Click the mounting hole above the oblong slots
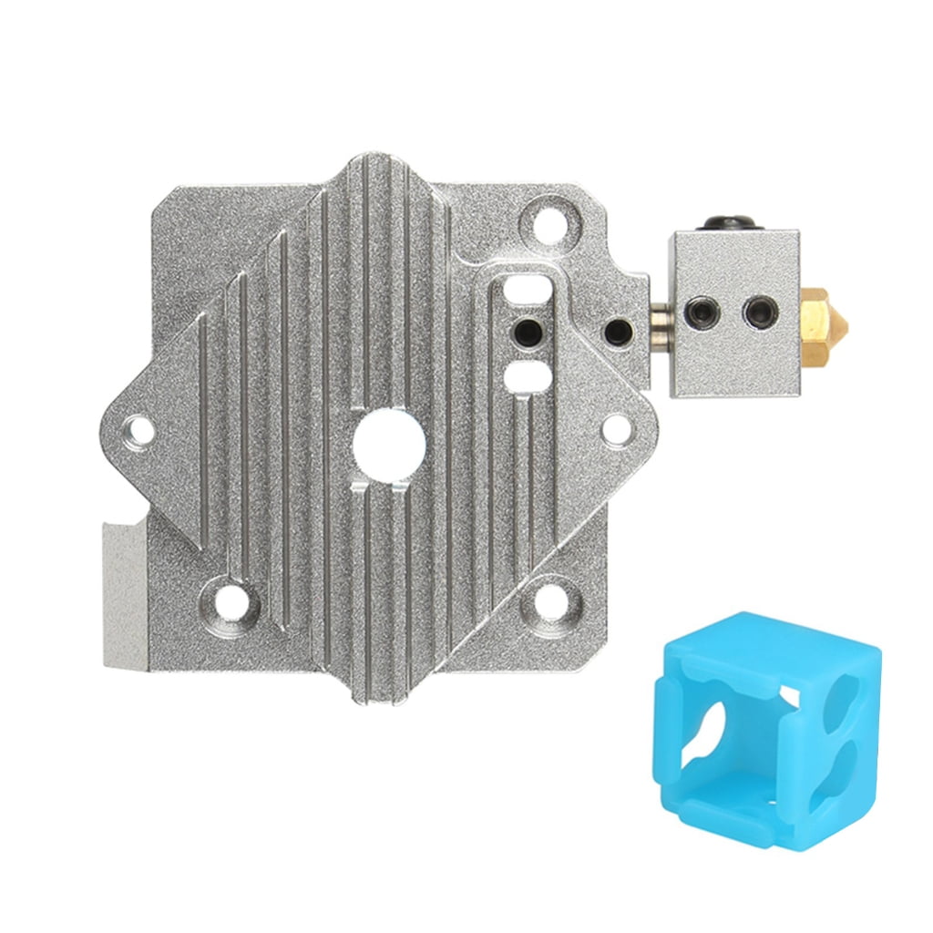coord(549,220)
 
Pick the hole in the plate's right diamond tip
coord(617,428)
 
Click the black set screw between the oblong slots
coord(525,329)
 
